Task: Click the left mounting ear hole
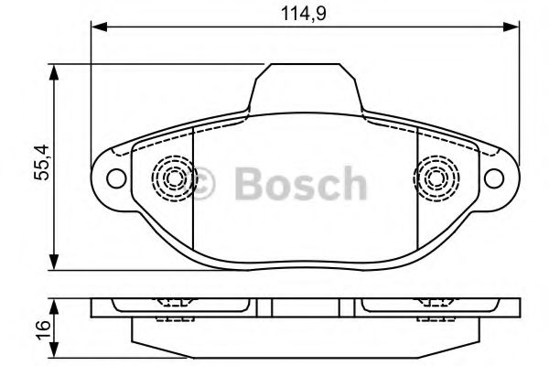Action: coord(115,178)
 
